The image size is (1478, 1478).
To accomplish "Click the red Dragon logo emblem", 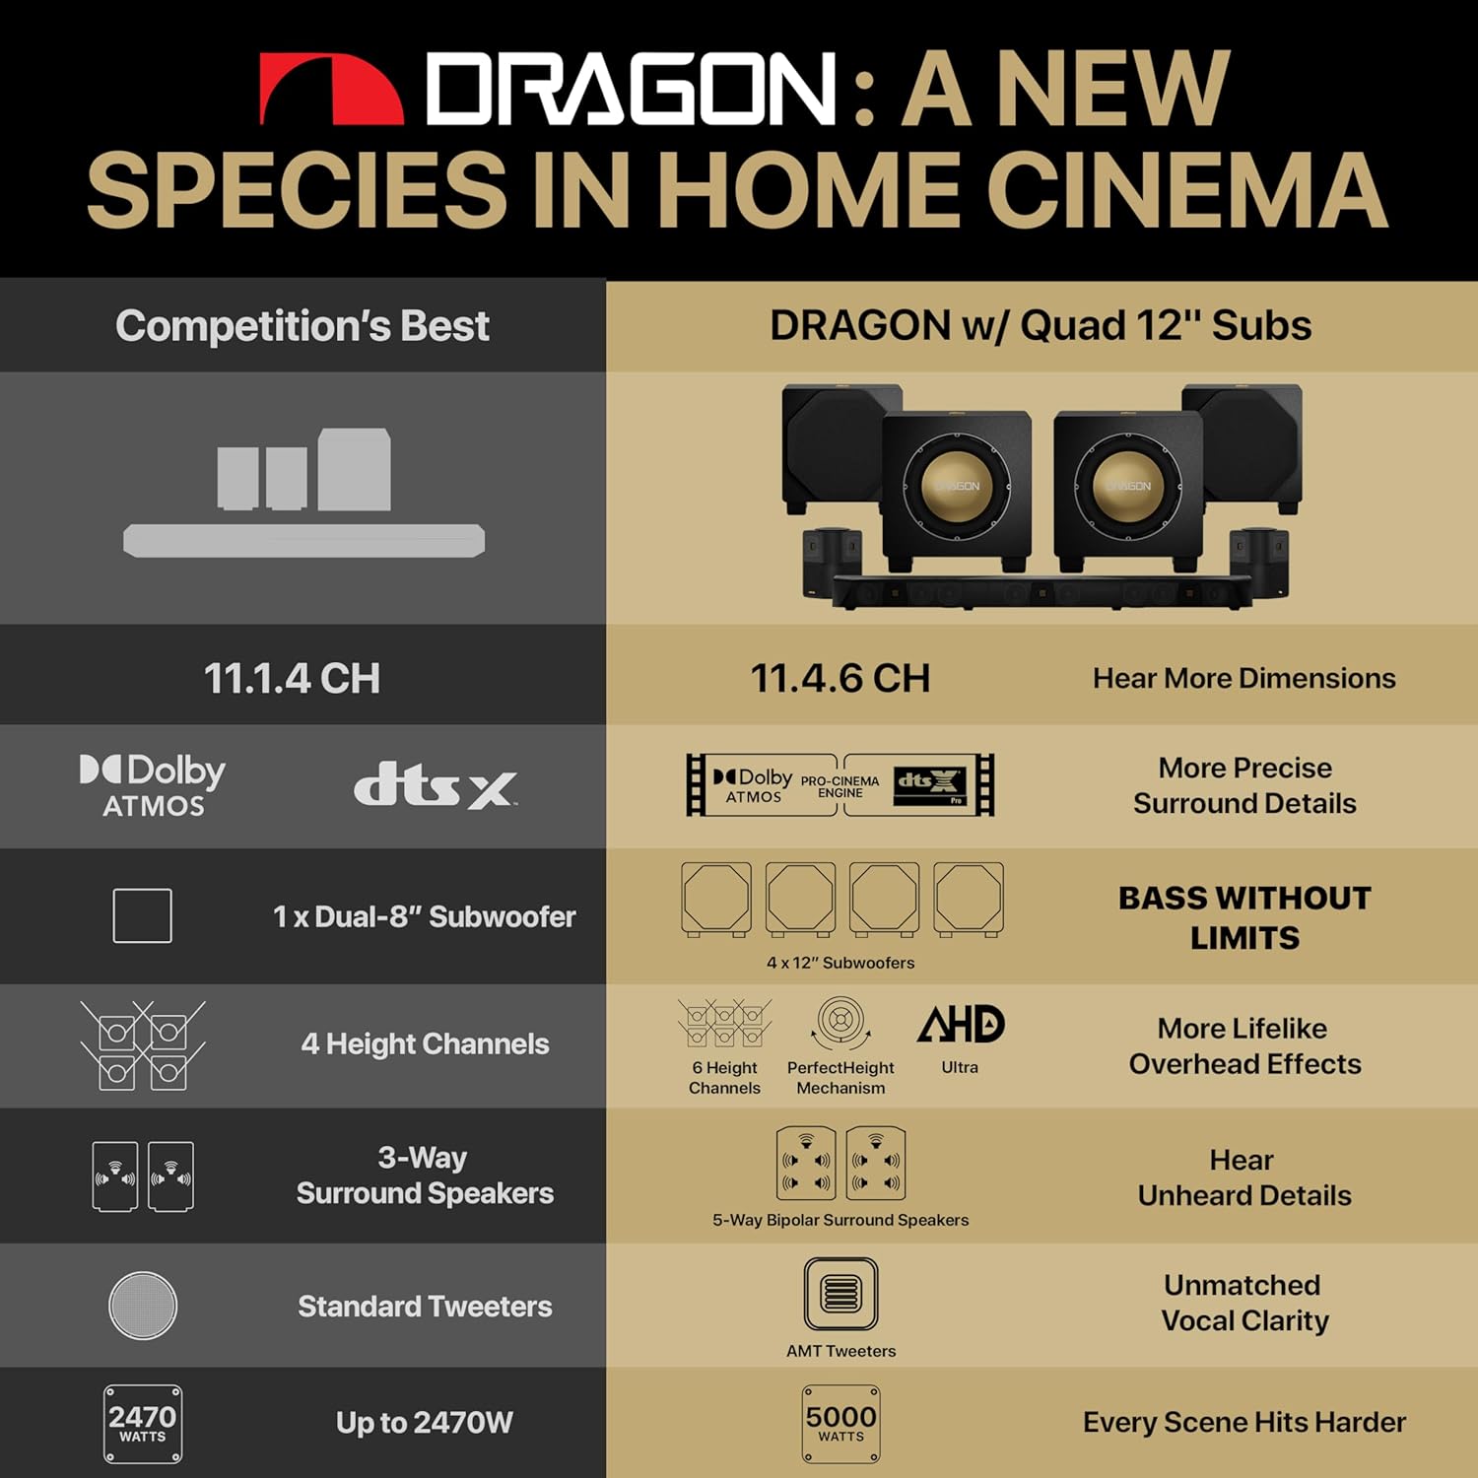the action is (332, 90).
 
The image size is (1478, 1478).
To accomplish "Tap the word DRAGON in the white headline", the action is (632, 90).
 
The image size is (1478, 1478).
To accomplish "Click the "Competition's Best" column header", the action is (302, 326).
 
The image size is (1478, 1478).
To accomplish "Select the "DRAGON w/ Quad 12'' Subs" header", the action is (1041, 326).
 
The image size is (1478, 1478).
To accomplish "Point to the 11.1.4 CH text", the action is (292, 679).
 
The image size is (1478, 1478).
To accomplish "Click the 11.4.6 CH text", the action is (840, 679).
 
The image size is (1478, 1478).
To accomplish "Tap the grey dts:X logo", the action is (435, 786).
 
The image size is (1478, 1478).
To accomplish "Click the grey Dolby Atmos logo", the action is (153, 785).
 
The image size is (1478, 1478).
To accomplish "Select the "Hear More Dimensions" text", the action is (1244, 679).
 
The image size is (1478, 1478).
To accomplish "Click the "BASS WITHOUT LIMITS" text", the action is (1244, 917).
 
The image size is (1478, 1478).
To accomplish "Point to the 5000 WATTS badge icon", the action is (840, 1424).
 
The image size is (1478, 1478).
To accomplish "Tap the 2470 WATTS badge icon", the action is (143, 1424).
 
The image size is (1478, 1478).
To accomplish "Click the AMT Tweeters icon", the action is (840, 1294).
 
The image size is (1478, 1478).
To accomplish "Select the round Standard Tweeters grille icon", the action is (143, 1306).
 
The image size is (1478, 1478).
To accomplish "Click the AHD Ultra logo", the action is (961, 1025).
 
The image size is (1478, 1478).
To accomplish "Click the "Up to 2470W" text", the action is (425, 1423).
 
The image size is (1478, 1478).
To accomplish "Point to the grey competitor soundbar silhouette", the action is (303, 541).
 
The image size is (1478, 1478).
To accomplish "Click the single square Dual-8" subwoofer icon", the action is (143, 915).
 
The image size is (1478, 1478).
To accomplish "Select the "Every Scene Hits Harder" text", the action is (1244, 1423).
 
